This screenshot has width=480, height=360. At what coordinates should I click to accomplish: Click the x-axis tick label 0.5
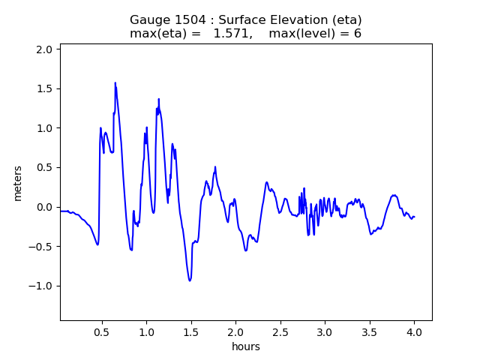(102, 331)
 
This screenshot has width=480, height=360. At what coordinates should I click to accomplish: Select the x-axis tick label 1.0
(146, 331)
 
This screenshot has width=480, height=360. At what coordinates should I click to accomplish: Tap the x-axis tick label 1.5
(191, 331)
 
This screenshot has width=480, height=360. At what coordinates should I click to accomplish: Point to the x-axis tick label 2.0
(235, 331)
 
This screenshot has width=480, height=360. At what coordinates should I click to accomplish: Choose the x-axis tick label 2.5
(280, 331)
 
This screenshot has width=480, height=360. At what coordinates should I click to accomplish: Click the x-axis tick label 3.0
(325, 331)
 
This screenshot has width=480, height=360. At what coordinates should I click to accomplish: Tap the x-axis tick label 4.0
(414, 331)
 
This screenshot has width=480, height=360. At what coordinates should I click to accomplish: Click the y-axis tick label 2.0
(45, 49)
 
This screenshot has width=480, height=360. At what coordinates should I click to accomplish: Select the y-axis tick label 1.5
(45, 88)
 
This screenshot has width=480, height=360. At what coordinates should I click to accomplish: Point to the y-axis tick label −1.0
(41, 286)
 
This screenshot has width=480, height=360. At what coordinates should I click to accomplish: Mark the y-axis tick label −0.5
(41, 247)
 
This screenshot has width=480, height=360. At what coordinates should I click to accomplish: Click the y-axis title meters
(18, 183)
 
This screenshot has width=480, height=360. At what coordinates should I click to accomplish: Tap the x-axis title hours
(246, 346)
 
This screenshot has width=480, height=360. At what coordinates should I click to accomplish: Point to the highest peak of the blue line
(115, 82)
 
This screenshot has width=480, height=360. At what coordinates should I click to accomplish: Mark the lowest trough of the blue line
(190, 280)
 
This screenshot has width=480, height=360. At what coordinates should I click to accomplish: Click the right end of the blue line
(414, 217)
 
